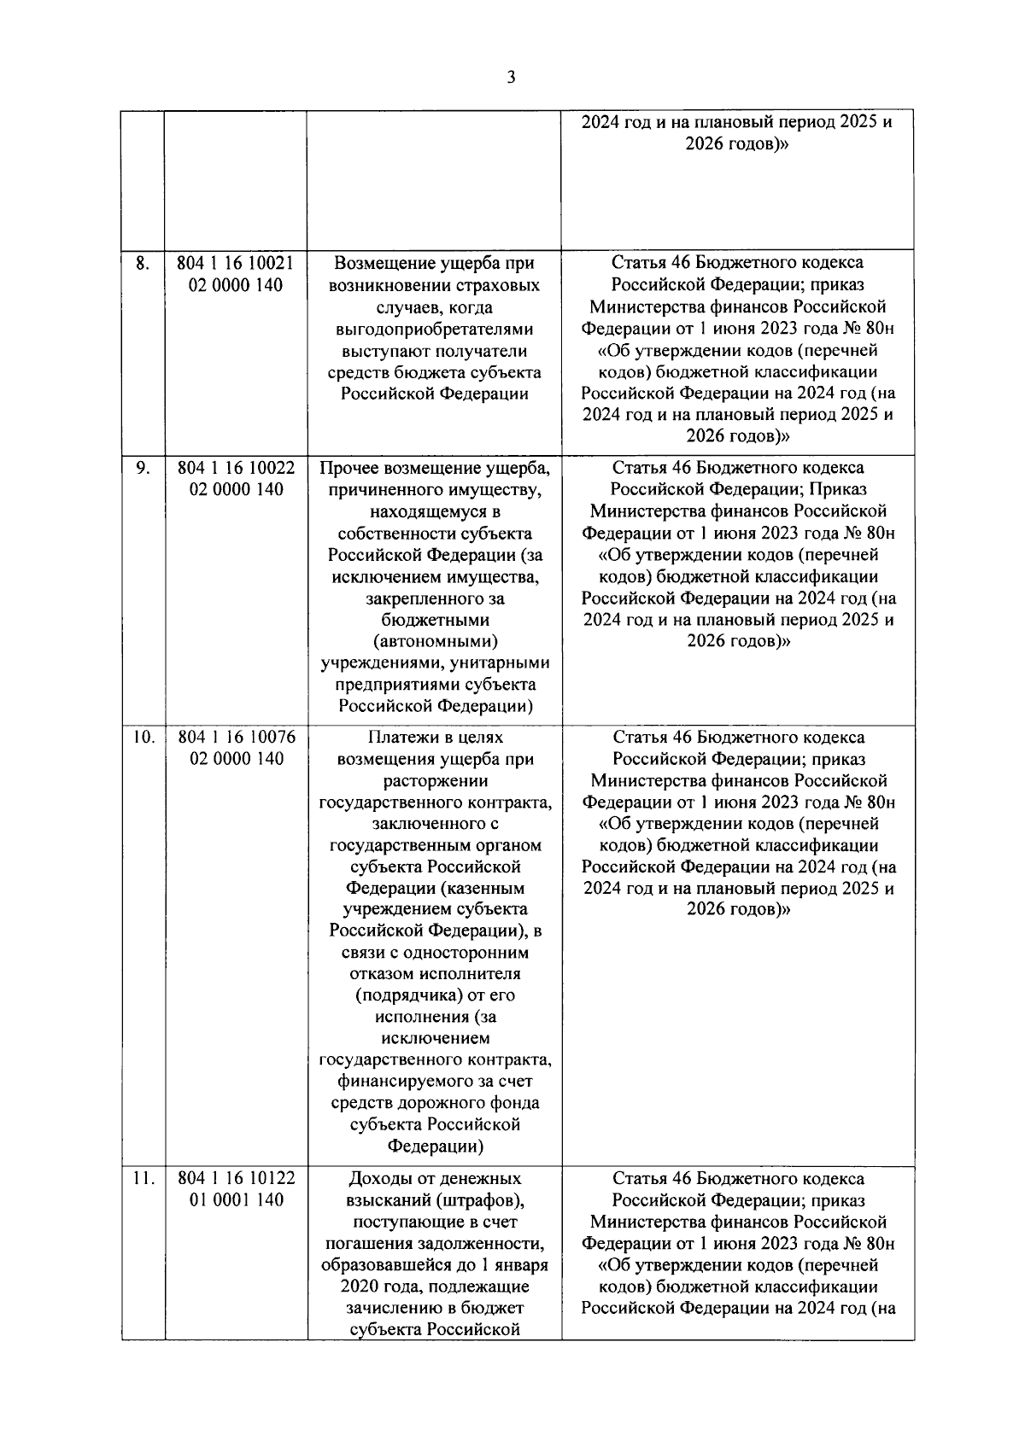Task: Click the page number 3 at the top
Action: (511, 78)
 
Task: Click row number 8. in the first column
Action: (142, 263)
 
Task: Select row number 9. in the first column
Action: (142, 468)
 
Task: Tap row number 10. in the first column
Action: (143, 738)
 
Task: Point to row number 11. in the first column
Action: (143, 1179)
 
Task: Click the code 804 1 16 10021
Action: (236, 263)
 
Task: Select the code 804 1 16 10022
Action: (236, 468)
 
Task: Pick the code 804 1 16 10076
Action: (236, 738)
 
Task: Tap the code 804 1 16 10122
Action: (236, 1179)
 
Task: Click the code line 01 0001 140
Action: (236, 1200)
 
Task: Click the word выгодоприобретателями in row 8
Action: (434, 329)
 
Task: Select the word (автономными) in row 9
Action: (435, 641)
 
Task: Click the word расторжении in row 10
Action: (435, 780)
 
